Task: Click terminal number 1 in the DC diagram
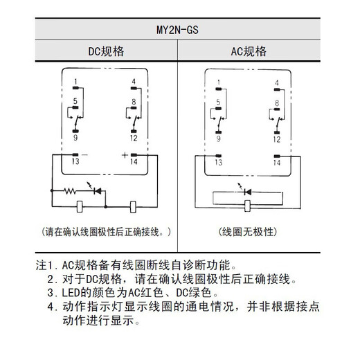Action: pos(74,82)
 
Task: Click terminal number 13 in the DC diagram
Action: pos(74,163)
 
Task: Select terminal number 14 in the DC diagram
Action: pos(133,163)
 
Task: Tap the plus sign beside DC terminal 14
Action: pos(125,155)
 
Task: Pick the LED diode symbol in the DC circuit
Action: pos(96,189)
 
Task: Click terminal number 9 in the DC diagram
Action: pos(74,138)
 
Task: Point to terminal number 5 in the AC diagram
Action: pos(218,102)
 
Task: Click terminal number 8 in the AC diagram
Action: pos(276,102)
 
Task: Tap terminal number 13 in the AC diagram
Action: pos(218,163)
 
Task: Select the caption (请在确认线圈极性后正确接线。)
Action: pos(105,230)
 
